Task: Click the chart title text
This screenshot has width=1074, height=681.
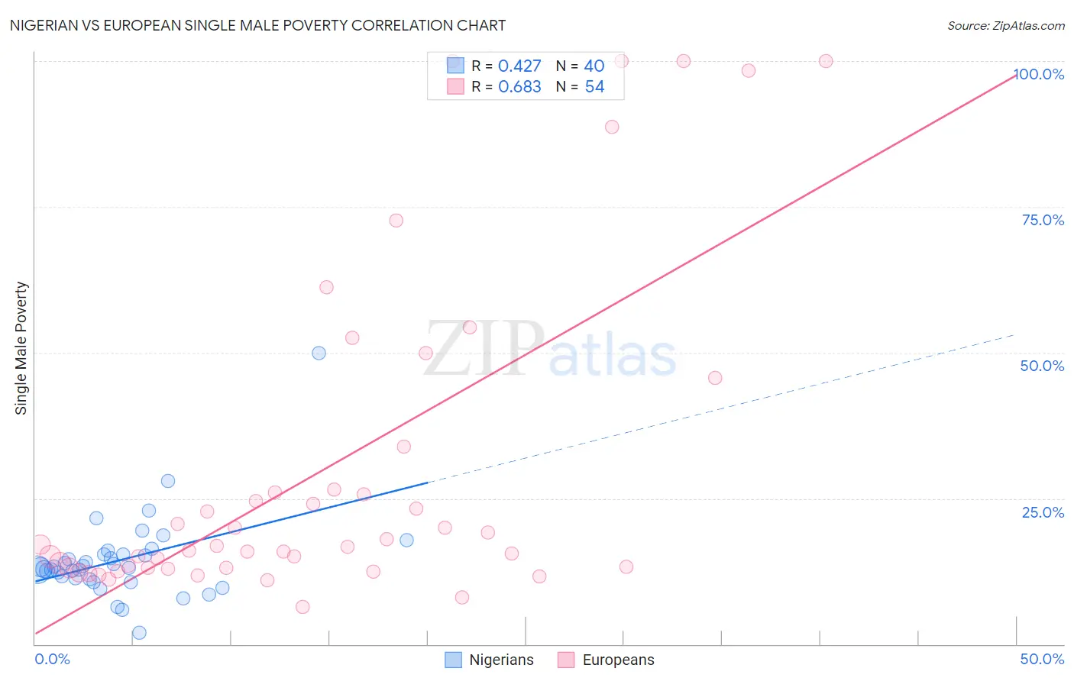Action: point(257,25)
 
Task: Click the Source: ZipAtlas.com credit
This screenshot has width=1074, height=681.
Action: point(1005,25)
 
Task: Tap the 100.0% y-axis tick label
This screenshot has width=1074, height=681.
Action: point(1040,74)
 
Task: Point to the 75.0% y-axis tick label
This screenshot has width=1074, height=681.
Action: point(1043,220)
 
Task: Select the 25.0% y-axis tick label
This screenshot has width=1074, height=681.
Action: point(1043,512)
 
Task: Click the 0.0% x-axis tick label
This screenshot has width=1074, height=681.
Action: point(52,659)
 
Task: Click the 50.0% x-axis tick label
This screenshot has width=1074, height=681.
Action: point(1042,659)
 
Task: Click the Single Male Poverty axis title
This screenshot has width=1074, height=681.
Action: point(21,348)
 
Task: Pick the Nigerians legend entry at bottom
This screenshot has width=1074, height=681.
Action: point(490,660)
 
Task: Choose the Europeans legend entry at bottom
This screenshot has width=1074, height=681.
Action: point(607,660)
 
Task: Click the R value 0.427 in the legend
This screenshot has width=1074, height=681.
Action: point(519,66)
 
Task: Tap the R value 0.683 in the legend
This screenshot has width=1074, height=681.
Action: point(519,87)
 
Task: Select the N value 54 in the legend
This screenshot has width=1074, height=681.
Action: point(594,87)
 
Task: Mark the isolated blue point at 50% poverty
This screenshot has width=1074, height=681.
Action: point(319,353)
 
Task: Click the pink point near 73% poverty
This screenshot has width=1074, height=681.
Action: point(396,221)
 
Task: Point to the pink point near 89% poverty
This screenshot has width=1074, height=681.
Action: point(612,127)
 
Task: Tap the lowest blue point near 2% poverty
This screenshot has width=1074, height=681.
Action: point(139,633)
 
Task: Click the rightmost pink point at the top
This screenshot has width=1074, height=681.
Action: point(826,61)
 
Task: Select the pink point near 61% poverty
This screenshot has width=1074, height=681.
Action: point(326,287)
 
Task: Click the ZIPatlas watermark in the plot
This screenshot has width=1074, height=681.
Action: point(550,349)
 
